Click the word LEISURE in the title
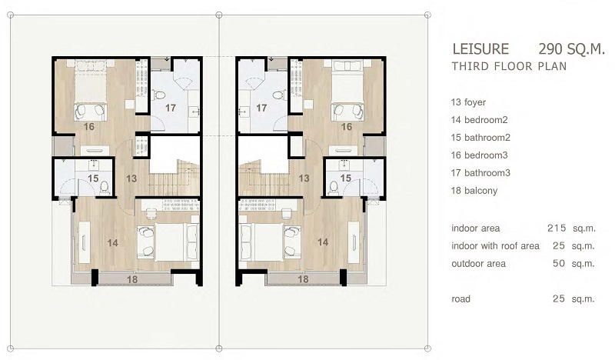(480, 49)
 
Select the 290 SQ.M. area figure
(571, 49)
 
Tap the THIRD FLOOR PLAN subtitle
(509, 66)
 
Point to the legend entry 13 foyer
(468, 102)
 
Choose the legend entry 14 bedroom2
(479, 120)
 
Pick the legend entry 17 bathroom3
(480, 173)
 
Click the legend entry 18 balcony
(474, 191)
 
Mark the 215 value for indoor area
(557, 228)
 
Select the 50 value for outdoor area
(559, 263)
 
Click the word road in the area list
(460, 299)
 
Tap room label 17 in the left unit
(170, 108)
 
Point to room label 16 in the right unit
(347, 127)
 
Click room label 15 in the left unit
(93, 178)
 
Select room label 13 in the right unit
(304, 178)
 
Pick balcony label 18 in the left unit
(132, 279)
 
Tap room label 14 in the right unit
(323, 242)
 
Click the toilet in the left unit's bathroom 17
(158, 95)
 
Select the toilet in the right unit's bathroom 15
(334, 188)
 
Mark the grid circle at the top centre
(219, 15)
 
